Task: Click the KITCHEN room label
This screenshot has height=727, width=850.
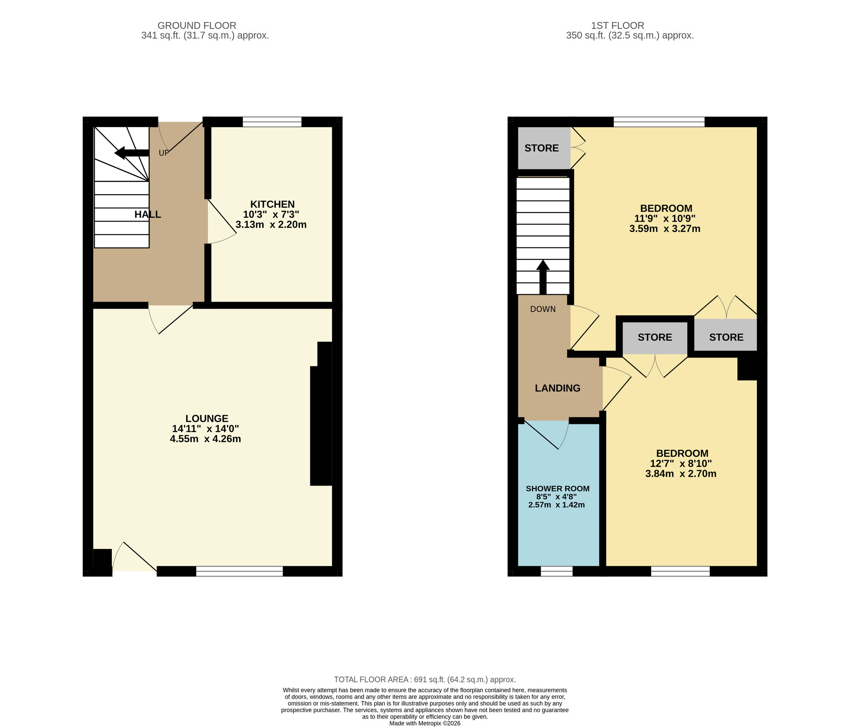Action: tap(272, 204)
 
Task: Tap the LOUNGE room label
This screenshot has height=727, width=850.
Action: tap(207, 418)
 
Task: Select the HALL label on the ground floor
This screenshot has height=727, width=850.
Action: tap(147, 214)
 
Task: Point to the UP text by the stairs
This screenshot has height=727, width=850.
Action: tap(164, 153)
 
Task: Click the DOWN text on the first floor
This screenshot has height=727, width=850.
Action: tap(543, 309)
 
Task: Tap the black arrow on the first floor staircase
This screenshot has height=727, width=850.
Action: tap(543, 277)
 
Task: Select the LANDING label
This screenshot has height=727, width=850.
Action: tap(557, 388)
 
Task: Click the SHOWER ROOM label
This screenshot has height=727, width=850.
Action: tap(557, 488)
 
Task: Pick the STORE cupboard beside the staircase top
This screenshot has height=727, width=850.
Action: tap(542, 148)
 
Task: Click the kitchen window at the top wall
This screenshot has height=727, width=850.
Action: tap(272, 122)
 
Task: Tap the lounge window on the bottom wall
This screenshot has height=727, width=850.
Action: tap(239, 571)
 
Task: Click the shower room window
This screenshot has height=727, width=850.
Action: tap(556, 571)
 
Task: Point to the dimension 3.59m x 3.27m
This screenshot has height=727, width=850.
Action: tap(665, 229)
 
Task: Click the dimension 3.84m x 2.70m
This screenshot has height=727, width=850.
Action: tap(680, 474)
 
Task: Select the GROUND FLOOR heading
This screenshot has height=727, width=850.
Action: tap(197, 26)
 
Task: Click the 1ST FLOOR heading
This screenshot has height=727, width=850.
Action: tap(618, 26)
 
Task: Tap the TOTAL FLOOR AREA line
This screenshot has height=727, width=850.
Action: tap(425, 679)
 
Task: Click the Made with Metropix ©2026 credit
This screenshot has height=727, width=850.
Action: tap(425, 723)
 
